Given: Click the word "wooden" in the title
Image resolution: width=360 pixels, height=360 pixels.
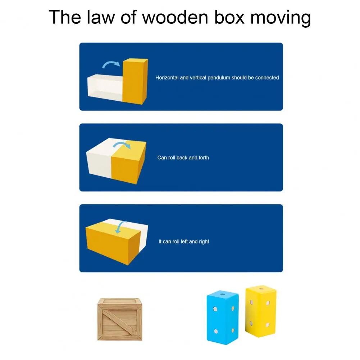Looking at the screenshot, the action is (x=175, y=17).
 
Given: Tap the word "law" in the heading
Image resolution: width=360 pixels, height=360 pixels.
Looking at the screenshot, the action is (x=101, y=17).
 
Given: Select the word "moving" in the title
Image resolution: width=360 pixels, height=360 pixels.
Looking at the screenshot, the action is (x=281, y=18).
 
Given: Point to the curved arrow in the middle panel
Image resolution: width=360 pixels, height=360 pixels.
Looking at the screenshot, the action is (x=122, y=144).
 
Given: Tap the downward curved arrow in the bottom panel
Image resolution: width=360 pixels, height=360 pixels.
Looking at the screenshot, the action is (x=120, y=227).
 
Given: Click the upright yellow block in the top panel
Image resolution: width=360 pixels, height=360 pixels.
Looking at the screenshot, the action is (x=135, y=81).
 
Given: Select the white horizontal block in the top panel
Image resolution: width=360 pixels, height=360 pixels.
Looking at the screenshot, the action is (x=105, y=87).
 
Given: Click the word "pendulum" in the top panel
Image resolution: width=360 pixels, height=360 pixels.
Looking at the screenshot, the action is (x=219, y=78).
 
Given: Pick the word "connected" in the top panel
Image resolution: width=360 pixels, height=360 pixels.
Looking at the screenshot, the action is (x=267, y=78).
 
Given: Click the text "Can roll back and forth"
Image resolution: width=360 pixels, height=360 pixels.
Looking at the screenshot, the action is (x=183, y=158).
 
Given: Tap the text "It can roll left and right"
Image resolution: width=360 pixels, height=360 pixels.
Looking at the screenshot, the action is (x=184, y=242).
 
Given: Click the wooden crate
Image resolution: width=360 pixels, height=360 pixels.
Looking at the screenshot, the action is (x=120, y=319).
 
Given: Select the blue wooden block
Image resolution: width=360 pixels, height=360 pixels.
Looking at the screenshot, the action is (x=223, y=317).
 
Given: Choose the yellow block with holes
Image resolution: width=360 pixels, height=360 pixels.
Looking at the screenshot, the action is (x=261, y=311).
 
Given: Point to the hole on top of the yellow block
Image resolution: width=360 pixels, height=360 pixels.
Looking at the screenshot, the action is (x=261, y=288).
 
